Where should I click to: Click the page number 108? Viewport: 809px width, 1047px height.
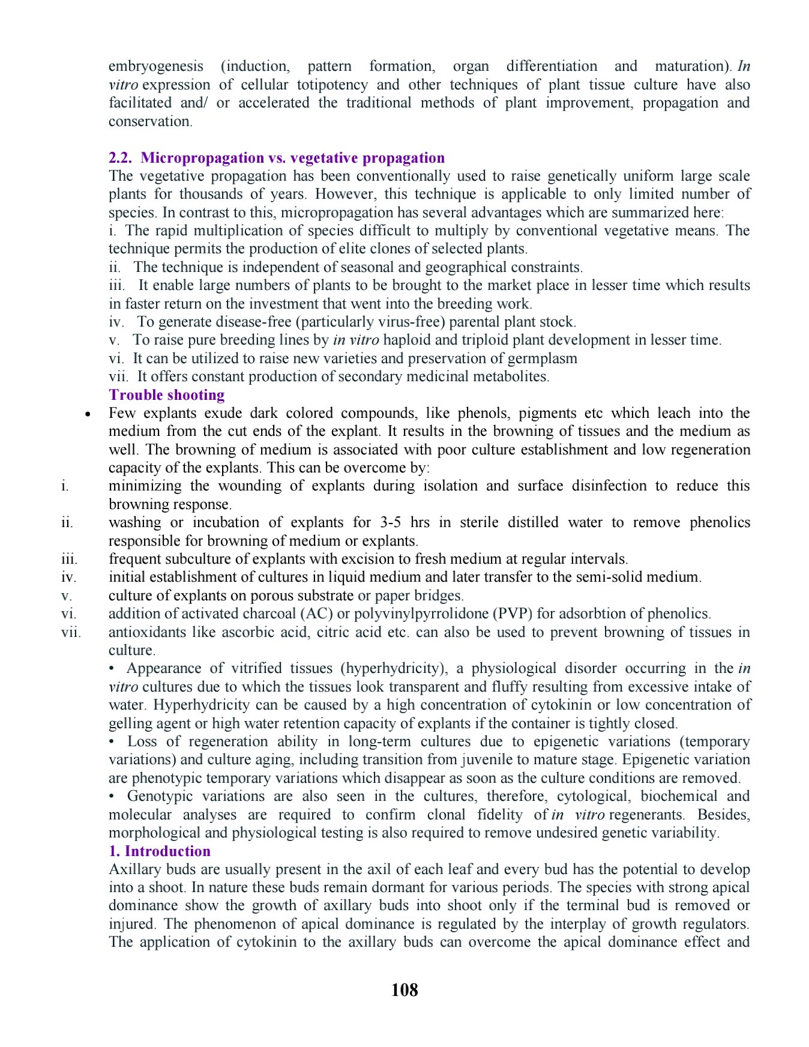[404, 990]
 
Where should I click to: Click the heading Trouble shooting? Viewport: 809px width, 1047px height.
[167, 395]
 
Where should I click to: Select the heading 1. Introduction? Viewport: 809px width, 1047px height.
[160, 851]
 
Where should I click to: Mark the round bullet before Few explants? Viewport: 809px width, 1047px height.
[88, 414]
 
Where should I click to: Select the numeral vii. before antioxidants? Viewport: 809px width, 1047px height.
[71, 632]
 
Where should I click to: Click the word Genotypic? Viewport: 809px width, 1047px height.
[160, 796]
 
